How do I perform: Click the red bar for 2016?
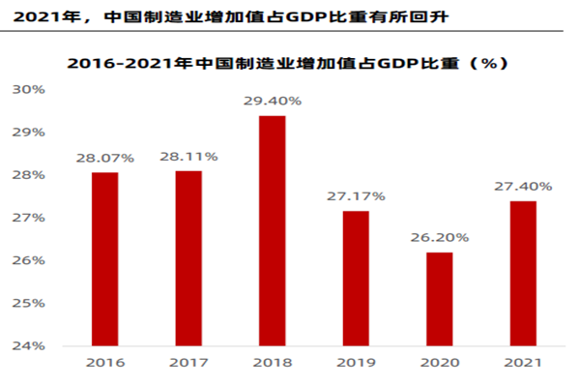pyautogui.click(x=104, y=258)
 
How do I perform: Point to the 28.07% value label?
pyautogui.click(x=104, y=157)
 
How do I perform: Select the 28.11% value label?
pyautogui.click(x=188, y=155)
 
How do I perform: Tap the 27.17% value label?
pyautogui.click(x=356, y=195)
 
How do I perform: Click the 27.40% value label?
pyautogui.click(x=522, y=186)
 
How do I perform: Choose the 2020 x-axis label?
pyautogui.click(x=439, y=364)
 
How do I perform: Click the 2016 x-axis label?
pyautogui.click(x=104, y=364)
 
